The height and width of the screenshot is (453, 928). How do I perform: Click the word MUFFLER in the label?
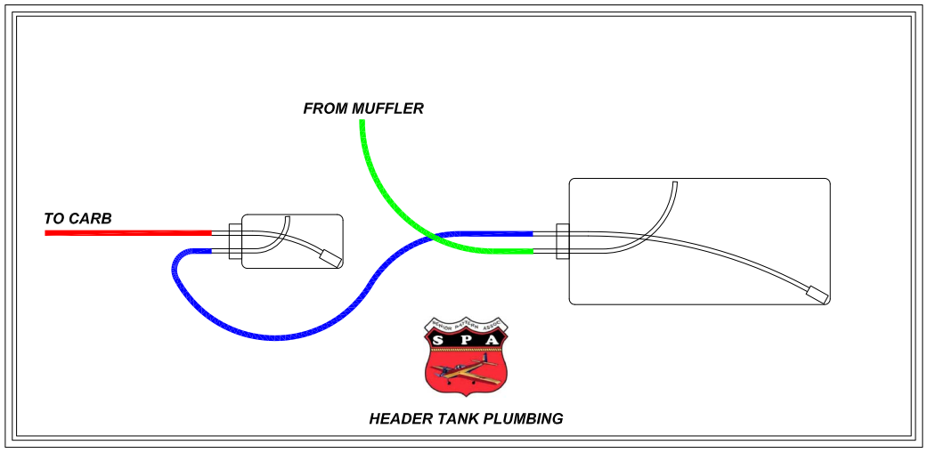pyautogui.click(x=387, y=109)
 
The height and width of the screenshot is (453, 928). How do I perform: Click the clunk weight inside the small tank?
pyautogui.click(x=330, y=257)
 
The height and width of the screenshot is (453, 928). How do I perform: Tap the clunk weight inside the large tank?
pyautogui.click(x=816, y=293)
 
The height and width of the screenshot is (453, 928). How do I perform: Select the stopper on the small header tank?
pyautogui.click(x=235, y=242)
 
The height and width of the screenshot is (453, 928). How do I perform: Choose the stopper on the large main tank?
pyautogui.click(x=563, y=242)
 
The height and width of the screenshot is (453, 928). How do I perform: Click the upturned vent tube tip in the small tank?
pyautogui.click(x=288, y=218)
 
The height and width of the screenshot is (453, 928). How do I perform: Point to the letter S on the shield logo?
pyautogui.click(x=438, y=340)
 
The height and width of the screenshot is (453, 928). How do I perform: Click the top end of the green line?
pyautogui.click(x=362, y=123)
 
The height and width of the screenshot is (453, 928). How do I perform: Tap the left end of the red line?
pyautogui.click(x=47, y=233)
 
